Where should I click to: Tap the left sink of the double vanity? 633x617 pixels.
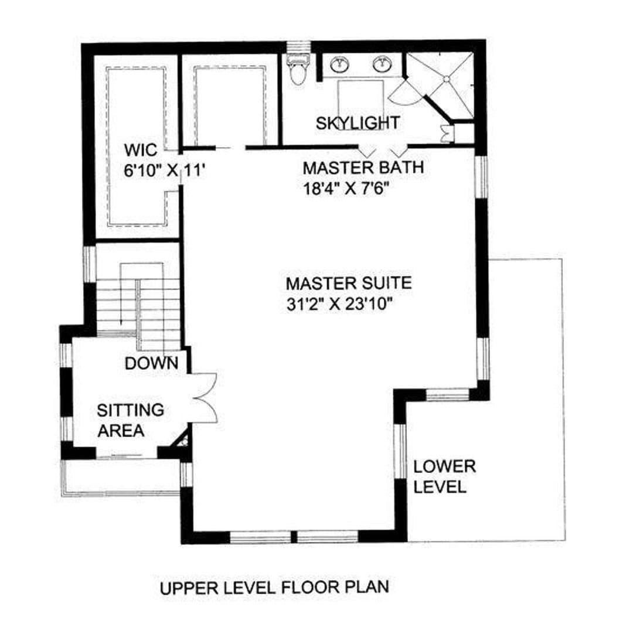click(x=340, y=64)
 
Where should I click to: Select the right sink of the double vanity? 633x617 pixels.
click(x=382, y=64)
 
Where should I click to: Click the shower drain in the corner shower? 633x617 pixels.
click(x=447, y=79)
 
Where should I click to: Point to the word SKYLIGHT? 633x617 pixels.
click(x=358, y=123)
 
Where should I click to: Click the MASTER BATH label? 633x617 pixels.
click(x=363, y=168)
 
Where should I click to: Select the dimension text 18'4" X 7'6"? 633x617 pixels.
click(x=346, y=189)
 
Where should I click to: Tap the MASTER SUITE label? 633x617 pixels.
click(x=349, y=283)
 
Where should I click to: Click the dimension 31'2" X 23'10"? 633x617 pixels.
click(x=339, y=304)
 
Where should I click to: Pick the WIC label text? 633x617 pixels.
click(x=141, y=150)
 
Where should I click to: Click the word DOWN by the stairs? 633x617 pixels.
click(x=151, y=364)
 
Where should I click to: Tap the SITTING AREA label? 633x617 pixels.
click(x=130, y=421)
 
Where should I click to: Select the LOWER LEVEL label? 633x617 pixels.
click(x=444, y=476)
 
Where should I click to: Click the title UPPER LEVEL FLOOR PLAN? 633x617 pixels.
click(x=275, y=587)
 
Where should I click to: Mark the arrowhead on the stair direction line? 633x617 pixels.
click(x=121, y=321)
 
